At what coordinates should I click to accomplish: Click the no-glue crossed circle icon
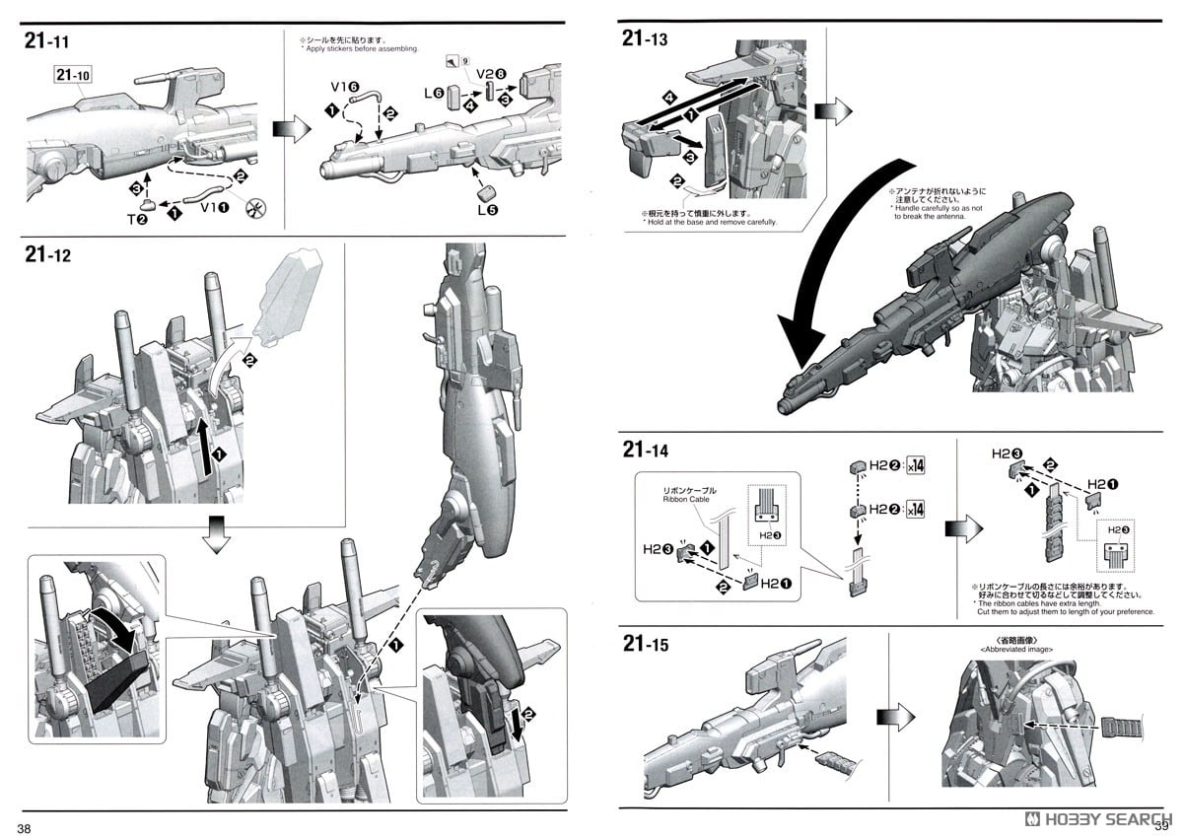[261, 209]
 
